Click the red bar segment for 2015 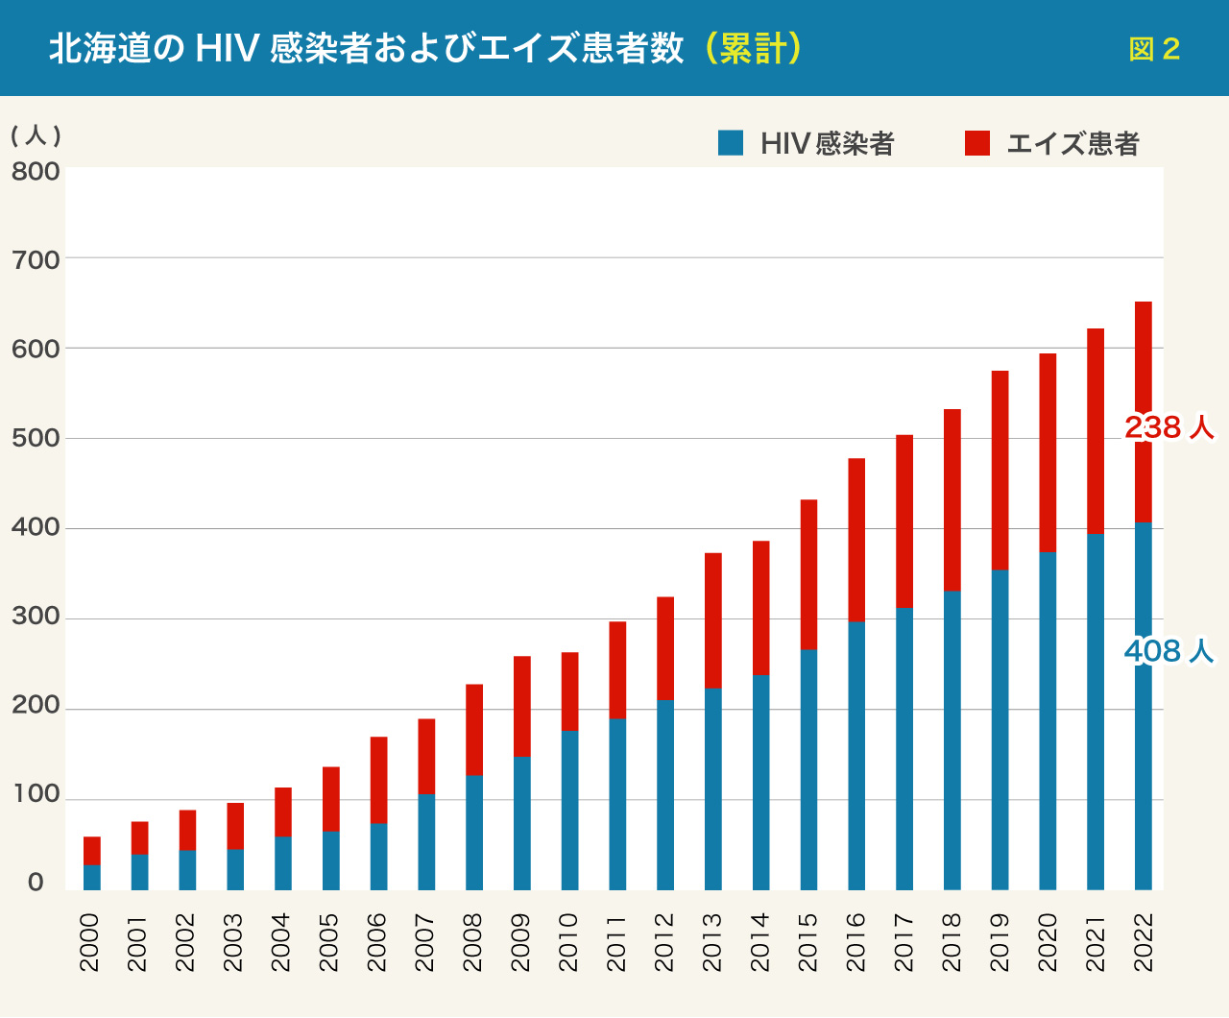click(808, 574)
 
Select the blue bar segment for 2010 click(569, 811)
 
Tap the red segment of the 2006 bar click(378, 780)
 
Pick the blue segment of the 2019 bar click(1000, 730)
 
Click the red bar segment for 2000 click(92, 851)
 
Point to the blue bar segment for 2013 click(712, 789)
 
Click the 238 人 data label click(1169, 427)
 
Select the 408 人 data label click(1169, 652)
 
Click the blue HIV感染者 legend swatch click(731, 143)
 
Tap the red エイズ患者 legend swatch click(977, 143)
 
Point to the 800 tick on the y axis click(36, 172)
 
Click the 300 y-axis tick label click(36, 617)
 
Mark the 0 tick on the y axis click(36, 883)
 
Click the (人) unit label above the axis click(36, 135)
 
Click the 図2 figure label click(1154, 49)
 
